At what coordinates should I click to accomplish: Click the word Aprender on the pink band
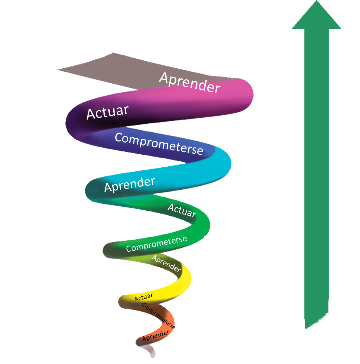tap(190, 83)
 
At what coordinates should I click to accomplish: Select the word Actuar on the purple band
tap(107, 112)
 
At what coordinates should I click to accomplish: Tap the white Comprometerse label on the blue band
tap(159, 144)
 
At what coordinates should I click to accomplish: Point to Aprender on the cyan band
tap(130, 185)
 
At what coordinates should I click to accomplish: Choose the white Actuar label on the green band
tap(182, 211)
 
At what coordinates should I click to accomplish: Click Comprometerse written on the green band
tap(157, 244)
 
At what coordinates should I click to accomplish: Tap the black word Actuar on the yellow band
tap(144, 297)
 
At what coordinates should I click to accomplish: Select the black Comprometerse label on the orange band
tap(159, 316)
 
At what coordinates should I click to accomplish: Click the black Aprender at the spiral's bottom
tap(156, 336)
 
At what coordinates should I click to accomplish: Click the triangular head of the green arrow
tap(316, 16)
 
